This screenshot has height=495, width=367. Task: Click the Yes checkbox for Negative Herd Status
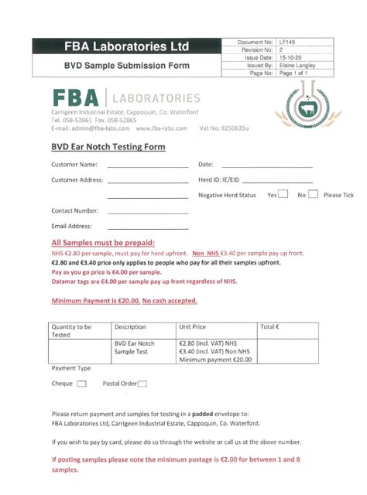tap(284, 195)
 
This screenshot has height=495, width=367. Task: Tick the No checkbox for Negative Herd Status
tap(313, 195)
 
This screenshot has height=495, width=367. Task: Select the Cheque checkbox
tap(82, 384)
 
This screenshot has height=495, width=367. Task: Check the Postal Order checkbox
tap(142, 384)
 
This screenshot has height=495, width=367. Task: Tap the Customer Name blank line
tap(147, 166)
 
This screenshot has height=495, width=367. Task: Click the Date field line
tap(267, 166)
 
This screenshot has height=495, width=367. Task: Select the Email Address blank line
tap(147, 227)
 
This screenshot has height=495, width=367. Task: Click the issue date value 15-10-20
tap(292, 58)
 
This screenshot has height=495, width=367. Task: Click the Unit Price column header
tap(193, 327)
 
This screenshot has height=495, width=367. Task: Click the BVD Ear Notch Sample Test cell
tap(135, 347)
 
